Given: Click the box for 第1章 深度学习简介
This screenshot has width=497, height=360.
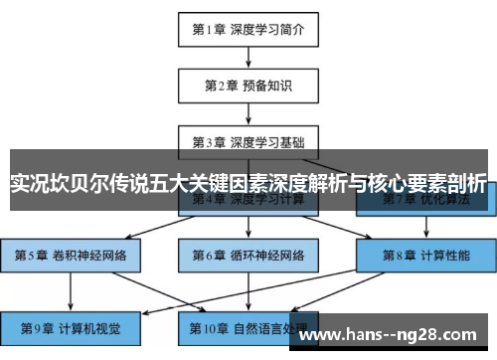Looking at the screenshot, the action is pos(248,30).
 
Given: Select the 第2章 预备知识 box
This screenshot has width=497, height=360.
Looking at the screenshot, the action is pos(248,85).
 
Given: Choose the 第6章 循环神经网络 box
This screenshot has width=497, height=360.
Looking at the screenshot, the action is pos(248,255).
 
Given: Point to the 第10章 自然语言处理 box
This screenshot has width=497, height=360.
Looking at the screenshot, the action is pos(248,326).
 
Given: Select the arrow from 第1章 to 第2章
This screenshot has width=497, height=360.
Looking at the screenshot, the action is pos(248,57).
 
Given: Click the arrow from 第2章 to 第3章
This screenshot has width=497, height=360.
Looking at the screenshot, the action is pos(248,111).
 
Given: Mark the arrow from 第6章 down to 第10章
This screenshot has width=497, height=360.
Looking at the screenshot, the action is pos(248,289).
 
